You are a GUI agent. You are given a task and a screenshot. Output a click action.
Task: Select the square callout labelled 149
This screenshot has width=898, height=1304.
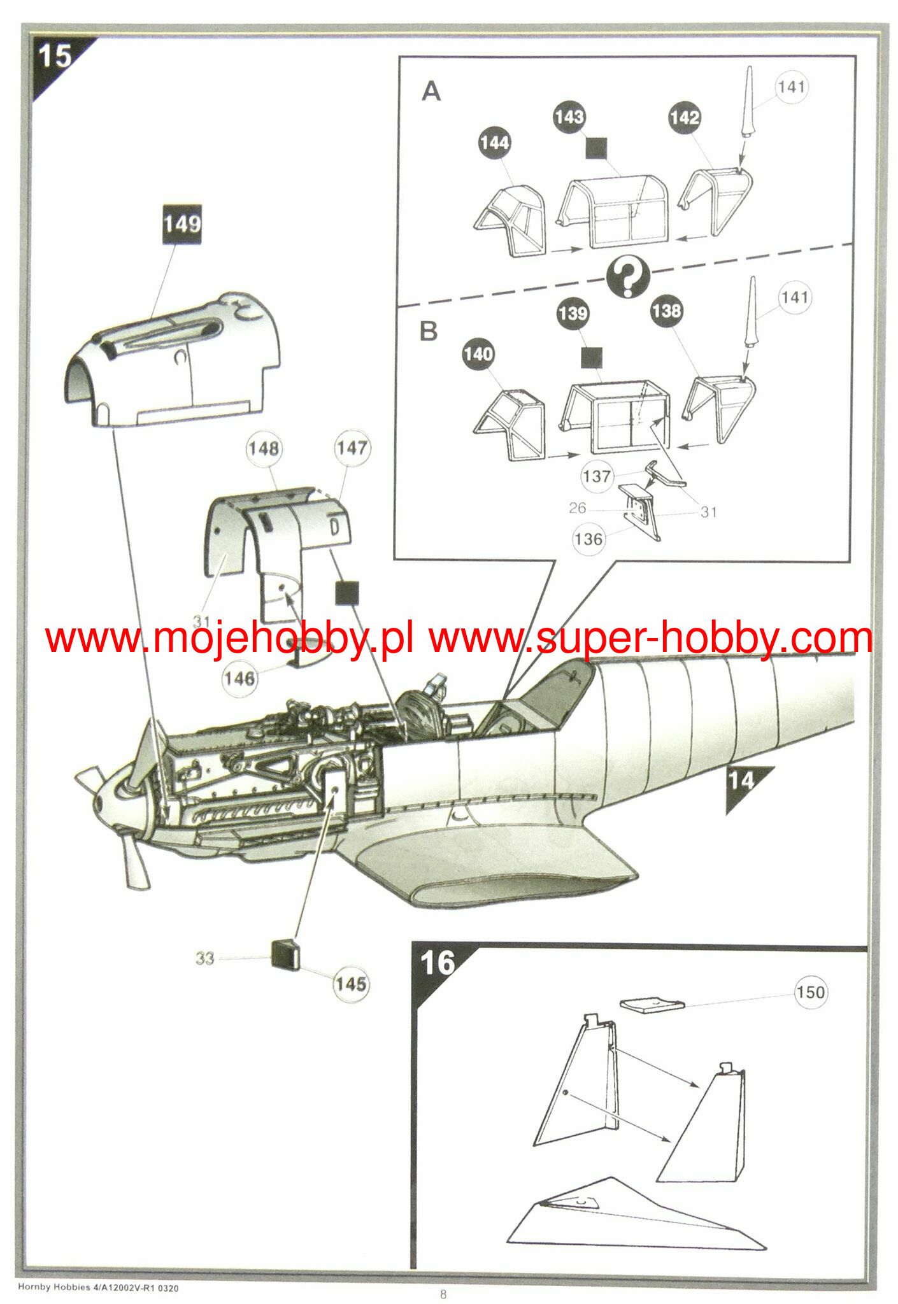(x=183, y=223)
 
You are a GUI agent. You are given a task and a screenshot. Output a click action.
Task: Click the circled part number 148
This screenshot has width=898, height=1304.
(x=264, y=449)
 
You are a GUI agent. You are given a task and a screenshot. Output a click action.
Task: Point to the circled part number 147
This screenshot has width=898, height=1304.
(x=352, y=448)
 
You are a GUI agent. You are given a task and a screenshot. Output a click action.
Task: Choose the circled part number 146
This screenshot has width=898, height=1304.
(x=239, y=678)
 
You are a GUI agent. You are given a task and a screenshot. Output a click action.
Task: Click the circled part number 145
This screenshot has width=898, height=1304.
(x=351, y=984)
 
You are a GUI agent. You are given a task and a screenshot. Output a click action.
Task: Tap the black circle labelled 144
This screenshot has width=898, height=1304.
(x=495, y=143)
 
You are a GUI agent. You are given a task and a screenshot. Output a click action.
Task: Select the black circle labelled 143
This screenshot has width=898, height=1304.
(x=569, y=117)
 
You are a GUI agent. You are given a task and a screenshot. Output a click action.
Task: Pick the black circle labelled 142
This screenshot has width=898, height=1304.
(x=685, y=118)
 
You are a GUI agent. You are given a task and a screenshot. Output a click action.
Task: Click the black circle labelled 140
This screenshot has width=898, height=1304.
(x=478, y=354)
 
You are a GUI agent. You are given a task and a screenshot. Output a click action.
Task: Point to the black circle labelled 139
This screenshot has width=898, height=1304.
(x=573, y=313)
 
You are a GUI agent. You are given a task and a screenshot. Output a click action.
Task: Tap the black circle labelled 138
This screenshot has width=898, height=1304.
(x=666, y=311)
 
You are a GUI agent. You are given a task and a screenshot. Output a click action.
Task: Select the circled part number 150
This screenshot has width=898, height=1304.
(x=810, y=993)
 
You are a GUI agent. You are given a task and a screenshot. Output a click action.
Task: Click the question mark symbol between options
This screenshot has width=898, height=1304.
(x=628, y=278)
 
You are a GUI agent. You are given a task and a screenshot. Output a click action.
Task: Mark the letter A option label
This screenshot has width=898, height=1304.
(x=431, y=92)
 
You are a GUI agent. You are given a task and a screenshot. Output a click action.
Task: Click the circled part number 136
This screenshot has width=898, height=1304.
(x=588, y=539)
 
